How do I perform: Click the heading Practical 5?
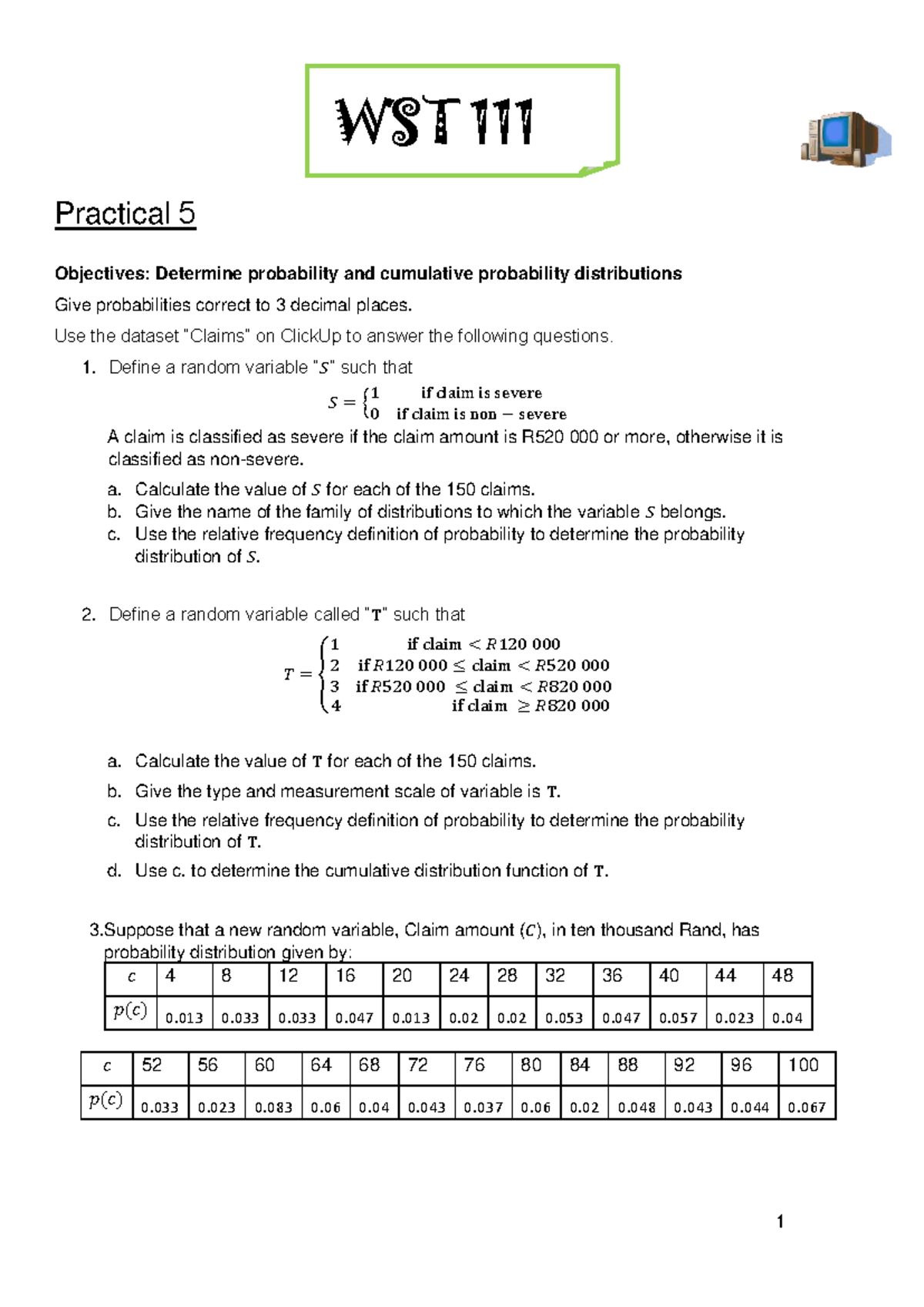pos(125,213)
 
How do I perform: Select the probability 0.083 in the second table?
pos(273,1107)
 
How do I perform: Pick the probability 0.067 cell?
pos(806,1107)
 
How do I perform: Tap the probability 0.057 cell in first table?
pos(678,1018)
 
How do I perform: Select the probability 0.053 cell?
pos(564,1018)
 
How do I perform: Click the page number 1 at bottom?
pos(780,1221)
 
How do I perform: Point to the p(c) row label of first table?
pos(130,1010)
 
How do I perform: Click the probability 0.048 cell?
pos(637,1107)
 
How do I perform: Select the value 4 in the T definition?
pos(336,705)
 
